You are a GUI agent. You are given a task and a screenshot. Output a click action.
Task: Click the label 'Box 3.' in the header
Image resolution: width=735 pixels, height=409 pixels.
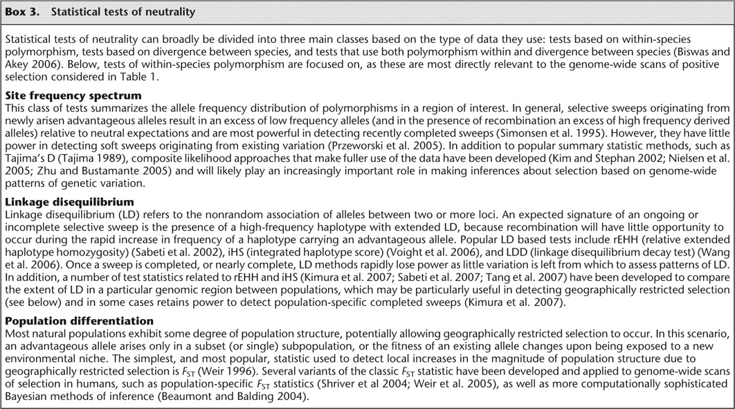(x=23, y=12)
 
